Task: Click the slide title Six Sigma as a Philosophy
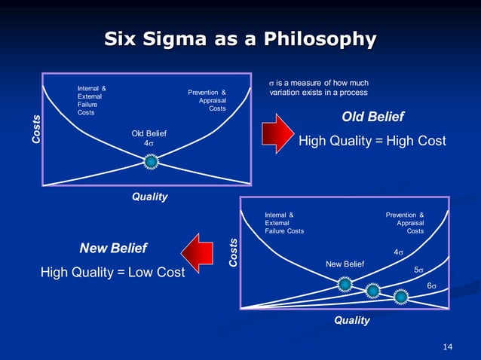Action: click(x=240, y=38)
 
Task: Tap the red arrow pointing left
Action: click(x=198, y=253)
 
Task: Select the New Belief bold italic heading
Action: click(x=113, y=248)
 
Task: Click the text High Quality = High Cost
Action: click(x=372, y=141)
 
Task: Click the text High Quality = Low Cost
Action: click(x=112, y=272)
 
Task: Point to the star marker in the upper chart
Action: click(x=151, y=161)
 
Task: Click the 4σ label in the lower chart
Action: click(x=399, y=252)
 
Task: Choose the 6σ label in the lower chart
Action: click(x=432, y=286)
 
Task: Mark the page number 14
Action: click(x=448, y=346)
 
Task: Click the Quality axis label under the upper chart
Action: click(x=150, y=197)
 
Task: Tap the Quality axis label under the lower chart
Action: click(x=352, y=320)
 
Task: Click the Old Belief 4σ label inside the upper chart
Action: click(x=149, y=139)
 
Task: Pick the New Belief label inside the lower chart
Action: click(x=345, y=264)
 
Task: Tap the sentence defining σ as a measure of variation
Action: click(x=319, y=87)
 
